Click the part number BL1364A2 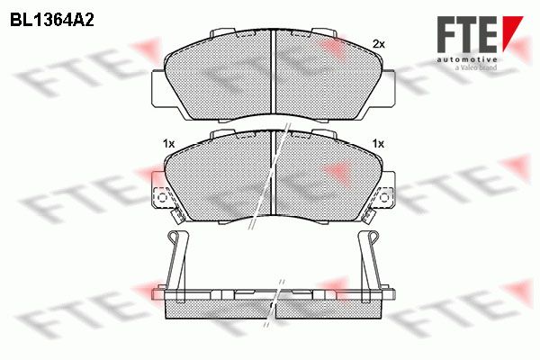point(52,21)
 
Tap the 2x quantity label point(379,44)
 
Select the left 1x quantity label point(169,144)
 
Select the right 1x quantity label point(378,144)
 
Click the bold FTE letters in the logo point(466,34)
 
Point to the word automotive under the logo point(466,59)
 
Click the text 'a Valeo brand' point(476,67)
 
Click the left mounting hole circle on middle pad point(162,197)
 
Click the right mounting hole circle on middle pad point(384,197)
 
